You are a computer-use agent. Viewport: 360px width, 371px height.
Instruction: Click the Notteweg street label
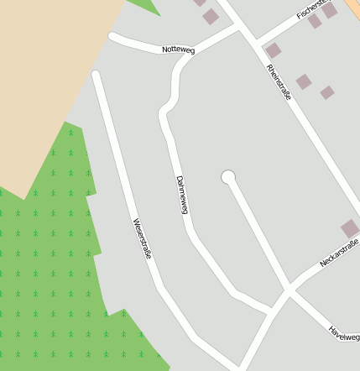click(x=178, y=50)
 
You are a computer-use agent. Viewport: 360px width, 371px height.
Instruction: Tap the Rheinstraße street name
click(x=279, y=82)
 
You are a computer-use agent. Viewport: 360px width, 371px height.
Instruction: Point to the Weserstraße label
click(x=142, y=238)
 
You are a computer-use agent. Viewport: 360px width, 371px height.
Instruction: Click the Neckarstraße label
click(x=339, y=253)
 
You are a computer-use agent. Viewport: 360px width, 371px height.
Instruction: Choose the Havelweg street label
click(x=343, y=333)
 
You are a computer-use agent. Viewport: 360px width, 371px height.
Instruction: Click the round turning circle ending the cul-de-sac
click(x=227, y=177)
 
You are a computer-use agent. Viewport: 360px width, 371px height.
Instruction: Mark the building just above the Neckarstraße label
click(x=350, y=228)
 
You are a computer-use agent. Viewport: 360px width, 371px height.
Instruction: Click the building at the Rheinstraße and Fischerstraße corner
click(x=274, y=50)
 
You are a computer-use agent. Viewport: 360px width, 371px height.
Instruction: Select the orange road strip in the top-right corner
click(x=353, y=7)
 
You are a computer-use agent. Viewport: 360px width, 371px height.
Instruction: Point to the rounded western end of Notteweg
click(x=112, y=37)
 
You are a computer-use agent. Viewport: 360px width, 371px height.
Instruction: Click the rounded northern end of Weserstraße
click(x=96, y=75)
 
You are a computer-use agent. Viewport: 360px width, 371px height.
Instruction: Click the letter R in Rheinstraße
click(x=269, y=66)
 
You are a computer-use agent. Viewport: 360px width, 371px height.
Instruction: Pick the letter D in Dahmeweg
click(x=179, y=178)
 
